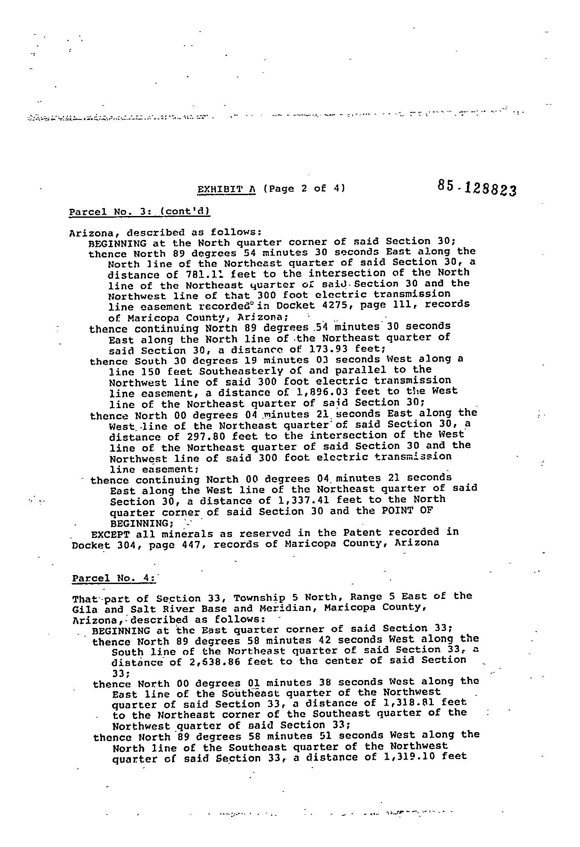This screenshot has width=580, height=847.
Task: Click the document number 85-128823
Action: coord(476,187)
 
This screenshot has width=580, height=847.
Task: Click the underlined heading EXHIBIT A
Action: coord(226,189)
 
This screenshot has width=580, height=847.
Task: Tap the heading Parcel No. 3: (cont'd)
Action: coord(139,211)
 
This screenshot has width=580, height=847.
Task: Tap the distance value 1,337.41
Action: coord(304,500)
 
